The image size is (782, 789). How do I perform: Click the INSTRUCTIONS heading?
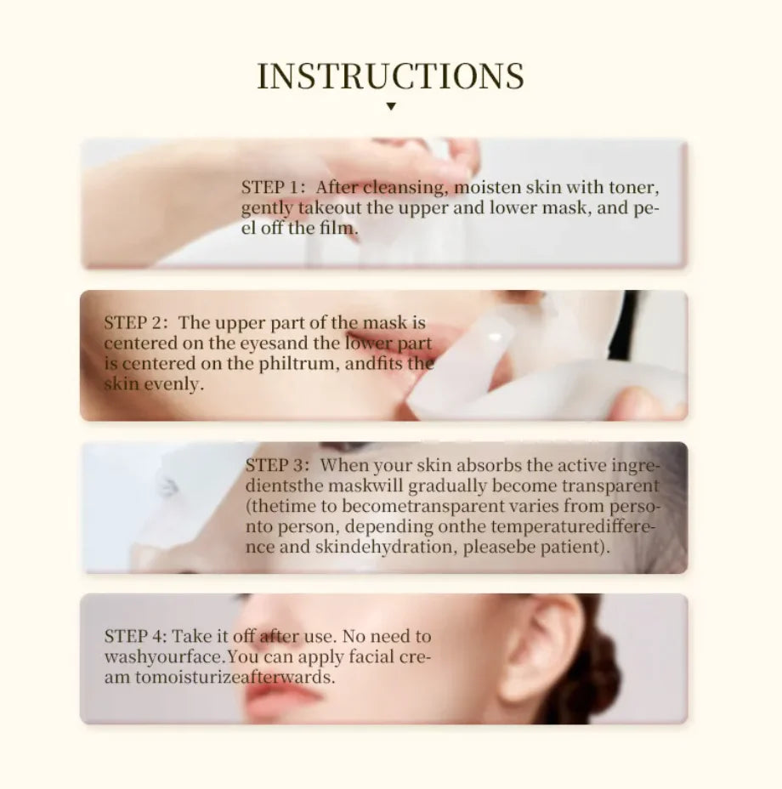390,76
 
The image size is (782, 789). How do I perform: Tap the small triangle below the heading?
390,106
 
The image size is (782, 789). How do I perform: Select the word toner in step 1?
634,187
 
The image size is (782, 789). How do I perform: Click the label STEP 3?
279,466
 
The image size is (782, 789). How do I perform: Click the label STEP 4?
135,637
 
